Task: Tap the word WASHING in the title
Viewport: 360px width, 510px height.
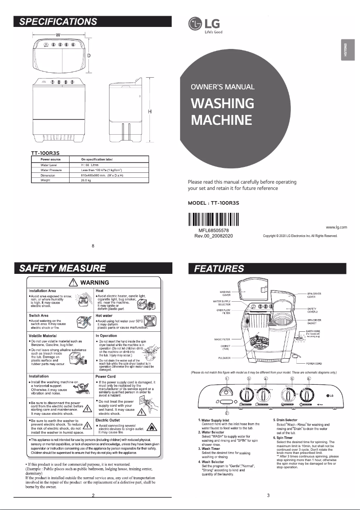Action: pyautogui.click(x=223, y=103)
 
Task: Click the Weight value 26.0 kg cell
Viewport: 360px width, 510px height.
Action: pyautogui.click(x=86, y=180)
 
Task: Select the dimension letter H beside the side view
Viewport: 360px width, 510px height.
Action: pyautogui.click(x=150, y=112)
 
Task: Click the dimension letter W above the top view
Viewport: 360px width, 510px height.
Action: pyautogui.click(x=58, y=35)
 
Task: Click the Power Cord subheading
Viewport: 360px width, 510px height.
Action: pyautogui.click(x=106, y=376)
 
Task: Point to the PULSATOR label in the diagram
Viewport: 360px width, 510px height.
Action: pyautogui.click(x=224, y=358)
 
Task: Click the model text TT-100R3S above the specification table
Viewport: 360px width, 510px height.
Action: pyautogui.click(x=45, y=153)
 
